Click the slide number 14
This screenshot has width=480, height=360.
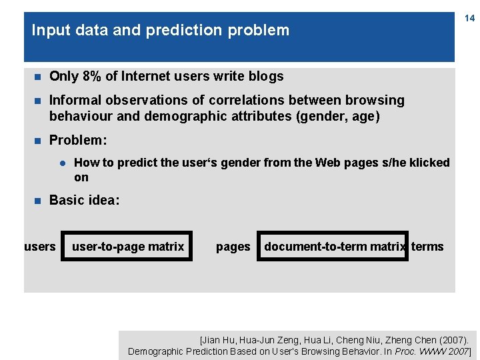pyautogui.click(x=469, y=18)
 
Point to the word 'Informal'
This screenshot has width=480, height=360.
pyautogui.click(x=75, y=101)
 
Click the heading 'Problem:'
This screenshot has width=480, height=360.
pyautogui.click(x=78, y=141)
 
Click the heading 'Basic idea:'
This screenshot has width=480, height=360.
pyautogui.click(x=85, y=200)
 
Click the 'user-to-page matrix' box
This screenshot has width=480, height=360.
pyautogui.click(x=127, y=246)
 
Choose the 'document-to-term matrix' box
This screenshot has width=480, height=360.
pyautogui.click(x=333, y=246)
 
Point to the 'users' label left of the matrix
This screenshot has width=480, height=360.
pyautogui.click(x=40, y=247)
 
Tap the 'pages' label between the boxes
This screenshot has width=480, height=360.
pyautogui.click(x=233, y=247)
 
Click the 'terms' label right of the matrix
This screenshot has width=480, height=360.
pyautogui.click(x=427, y=247)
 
